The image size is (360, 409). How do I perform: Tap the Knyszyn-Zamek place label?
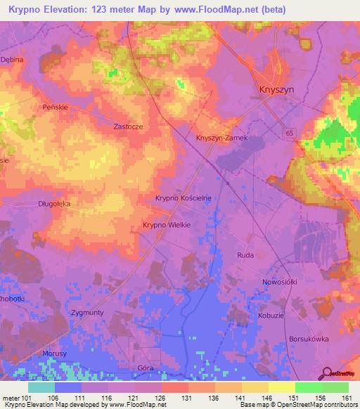(221, 138)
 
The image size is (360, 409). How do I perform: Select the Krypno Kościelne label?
(183, 199)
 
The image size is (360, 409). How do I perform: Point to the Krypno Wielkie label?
(167, 224)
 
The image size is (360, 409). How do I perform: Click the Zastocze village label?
(129, 127)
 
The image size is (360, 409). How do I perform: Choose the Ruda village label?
(245, 256)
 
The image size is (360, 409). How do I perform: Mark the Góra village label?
(146, 368)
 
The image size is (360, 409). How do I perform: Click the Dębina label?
(12, 60)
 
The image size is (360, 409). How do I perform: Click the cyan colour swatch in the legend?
(41, 387)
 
